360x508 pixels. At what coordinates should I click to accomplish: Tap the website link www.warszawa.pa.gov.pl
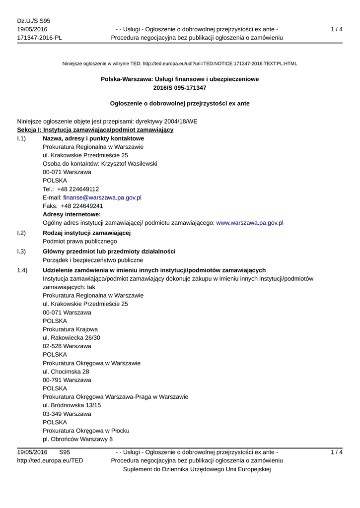click(x=250, y=223)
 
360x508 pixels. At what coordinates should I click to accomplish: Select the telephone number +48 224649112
click(x=78, y=189)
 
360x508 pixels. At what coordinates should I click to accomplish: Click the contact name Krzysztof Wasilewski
click(x=129, y=164)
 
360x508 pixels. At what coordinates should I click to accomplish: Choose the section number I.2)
click(x=21, y=233)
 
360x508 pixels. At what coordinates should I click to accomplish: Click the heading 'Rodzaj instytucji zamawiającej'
click(x=86, y=233)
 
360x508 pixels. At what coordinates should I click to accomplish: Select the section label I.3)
click(x=21, y=252)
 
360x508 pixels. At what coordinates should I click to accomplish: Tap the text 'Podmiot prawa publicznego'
click(x=80, y=242)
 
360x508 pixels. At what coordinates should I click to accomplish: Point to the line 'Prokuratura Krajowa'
click(x=70, y=329)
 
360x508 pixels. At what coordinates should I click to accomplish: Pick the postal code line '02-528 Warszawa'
click(x=67, y=346)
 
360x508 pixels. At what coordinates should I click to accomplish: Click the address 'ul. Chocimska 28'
click(x=66, y=372)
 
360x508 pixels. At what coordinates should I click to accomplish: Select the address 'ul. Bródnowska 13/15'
click(x=72, y=405)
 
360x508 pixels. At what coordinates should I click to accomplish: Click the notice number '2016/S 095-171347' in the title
click(x=180, y=88)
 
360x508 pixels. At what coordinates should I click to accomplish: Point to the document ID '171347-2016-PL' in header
click(x=39, y=38)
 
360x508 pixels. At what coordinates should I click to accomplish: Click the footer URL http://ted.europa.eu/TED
click(x=50, y=461)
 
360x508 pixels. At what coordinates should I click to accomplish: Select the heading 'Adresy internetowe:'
click(x=72, y=214)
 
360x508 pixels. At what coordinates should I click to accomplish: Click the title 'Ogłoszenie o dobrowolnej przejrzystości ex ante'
click(x=180, y=104)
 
